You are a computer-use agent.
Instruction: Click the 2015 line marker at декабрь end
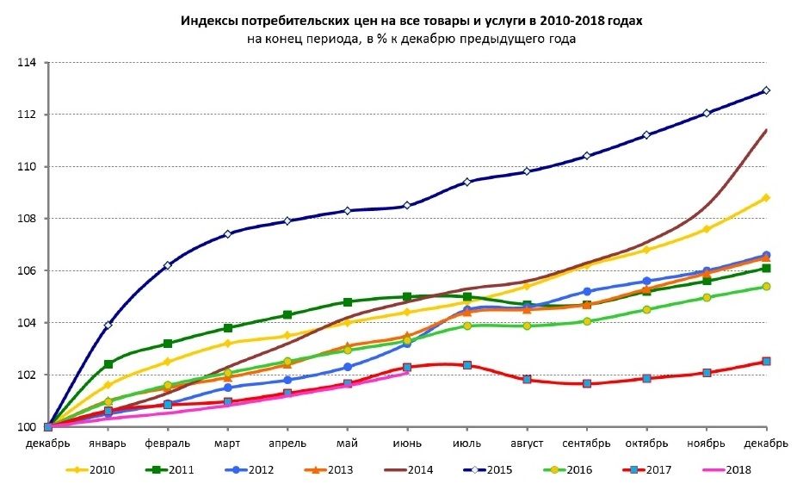click(x=766, y=90)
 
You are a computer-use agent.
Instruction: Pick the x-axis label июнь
click(x=407, y=443)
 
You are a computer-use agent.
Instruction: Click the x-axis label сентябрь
click(x=586, y=443)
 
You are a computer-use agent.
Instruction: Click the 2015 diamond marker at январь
click(x=108, y=326)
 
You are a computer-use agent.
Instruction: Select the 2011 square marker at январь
click(x=108, y=364)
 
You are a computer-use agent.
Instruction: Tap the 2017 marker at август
click(x=527, y=380)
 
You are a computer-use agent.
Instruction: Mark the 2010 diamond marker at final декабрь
click(x=766, y=198)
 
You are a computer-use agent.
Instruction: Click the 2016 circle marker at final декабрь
click(x=766, y=287)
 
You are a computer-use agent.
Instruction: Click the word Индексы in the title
click(x=207, y=20)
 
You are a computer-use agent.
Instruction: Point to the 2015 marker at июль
click(x=467, y=182)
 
